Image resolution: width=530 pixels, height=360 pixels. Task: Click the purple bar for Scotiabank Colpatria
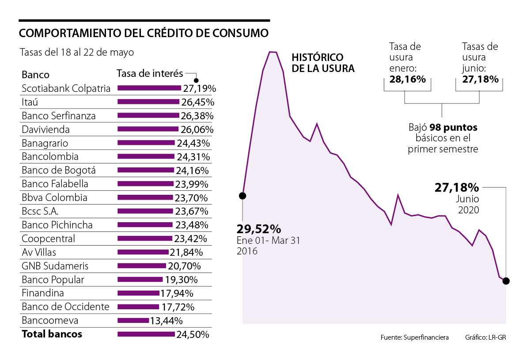(x=149, y=88)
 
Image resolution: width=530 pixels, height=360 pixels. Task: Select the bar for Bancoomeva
(x=133, y=320)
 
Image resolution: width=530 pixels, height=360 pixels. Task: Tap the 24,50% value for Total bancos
(x=193, y=334)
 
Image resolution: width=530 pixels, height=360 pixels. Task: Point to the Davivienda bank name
(x=46, y=129)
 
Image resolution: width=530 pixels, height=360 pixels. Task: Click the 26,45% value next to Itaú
(x=197, y=102)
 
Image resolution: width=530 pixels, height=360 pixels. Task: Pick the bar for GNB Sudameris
(x=142, y=266)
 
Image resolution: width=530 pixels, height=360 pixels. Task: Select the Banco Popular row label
(x=53, y=280)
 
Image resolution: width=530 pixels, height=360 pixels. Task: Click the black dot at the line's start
(x=242, y=195)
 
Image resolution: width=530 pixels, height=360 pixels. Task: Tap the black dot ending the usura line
(x=506, y=281)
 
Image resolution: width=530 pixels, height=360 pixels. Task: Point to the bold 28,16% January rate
(x=408, y=80)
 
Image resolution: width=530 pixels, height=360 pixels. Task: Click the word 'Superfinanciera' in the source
(x=427, y=337)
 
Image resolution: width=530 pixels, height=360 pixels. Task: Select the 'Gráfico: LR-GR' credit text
(x=485, y=337)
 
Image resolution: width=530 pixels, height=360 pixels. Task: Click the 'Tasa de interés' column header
(x=150, y=74)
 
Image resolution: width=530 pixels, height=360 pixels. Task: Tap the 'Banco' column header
(x=35, y=74)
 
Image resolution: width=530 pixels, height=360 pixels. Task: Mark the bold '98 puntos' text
(x=454, y=128)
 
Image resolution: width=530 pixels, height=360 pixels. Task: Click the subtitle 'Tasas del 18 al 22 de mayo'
(x=77, y=52)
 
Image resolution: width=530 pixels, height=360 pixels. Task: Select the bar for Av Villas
(x=143, y=252)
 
